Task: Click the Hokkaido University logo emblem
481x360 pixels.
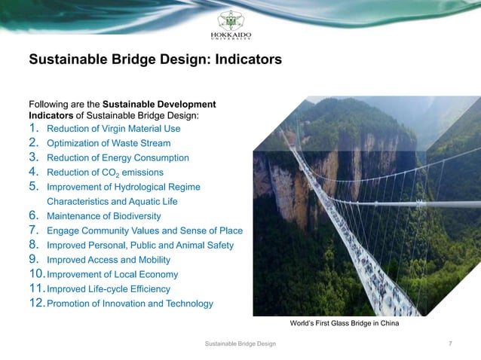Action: pos(240,20)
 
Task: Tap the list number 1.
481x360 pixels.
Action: pos(33,128)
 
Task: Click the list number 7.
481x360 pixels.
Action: pos(33,230)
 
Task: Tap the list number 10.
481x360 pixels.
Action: pos(36,274)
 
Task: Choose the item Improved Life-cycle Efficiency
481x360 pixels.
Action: pos(109,289)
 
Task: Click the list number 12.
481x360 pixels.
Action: pos(36,304)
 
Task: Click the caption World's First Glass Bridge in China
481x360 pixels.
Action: pos(345,323)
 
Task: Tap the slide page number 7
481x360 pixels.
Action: pos(450,344)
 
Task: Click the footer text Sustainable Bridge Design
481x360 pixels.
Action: pos(240,344)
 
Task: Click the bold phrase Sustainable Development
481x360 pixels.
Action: pos(158,103)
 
